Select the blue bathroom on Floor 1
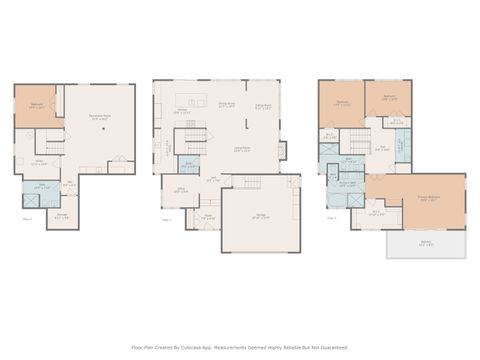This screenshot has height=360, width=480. [36, 188]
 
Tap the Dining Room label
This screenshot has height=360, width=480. [226, 103]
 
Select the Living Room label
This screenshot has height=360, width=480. [241, 148]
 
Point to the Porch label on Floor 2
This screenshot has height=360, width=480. [208, 215]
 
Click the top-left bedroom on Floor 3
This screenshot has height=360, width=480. [341, 103]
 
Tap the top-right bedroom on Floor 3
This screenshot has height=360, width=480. [388, 99]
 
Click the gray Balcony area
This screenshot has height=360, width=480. [426, 244]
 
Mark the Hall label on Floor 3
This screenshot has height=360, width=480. [381, 149]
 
